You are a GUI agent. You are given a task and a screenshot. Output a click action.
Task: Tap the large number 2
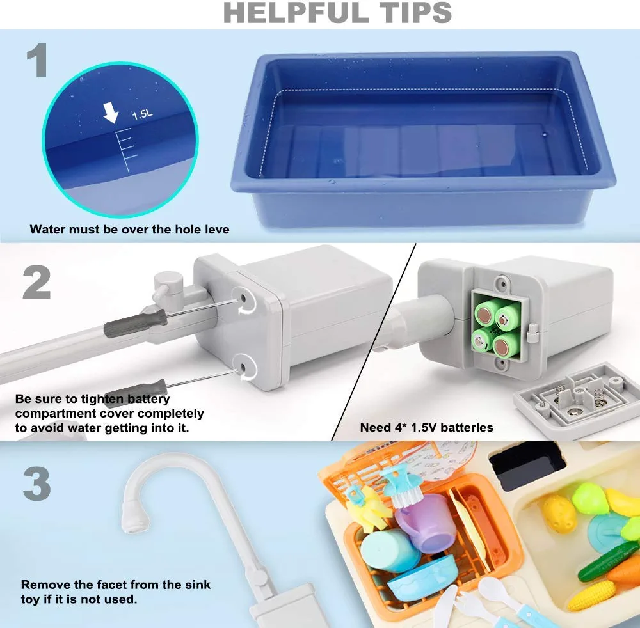pyautogui.click(x=36, y=282)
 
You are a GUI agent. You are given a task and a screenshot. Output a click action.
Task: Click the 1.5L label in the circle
pyautogui.click(x=143, y=115)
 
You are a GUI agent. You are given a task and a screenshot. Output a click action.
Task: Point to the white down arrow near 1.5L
pyautogui.click(x=111, y=114)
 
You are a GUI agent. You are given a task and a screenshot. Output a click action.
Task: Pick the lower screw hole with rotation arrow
pyautogui.click(x=245, y=367)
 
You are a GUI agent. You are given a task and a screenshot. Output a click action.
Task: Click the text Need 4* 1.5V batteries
pyautogui.click(x=426, y=427)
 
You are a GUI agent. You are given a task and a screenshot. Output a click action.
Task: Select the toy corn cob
pyautogui.click(x=591, y=595)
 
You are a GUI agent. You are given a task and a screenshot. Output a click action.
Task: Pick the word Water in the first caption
pyautogui.click(x=48, y=229)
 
